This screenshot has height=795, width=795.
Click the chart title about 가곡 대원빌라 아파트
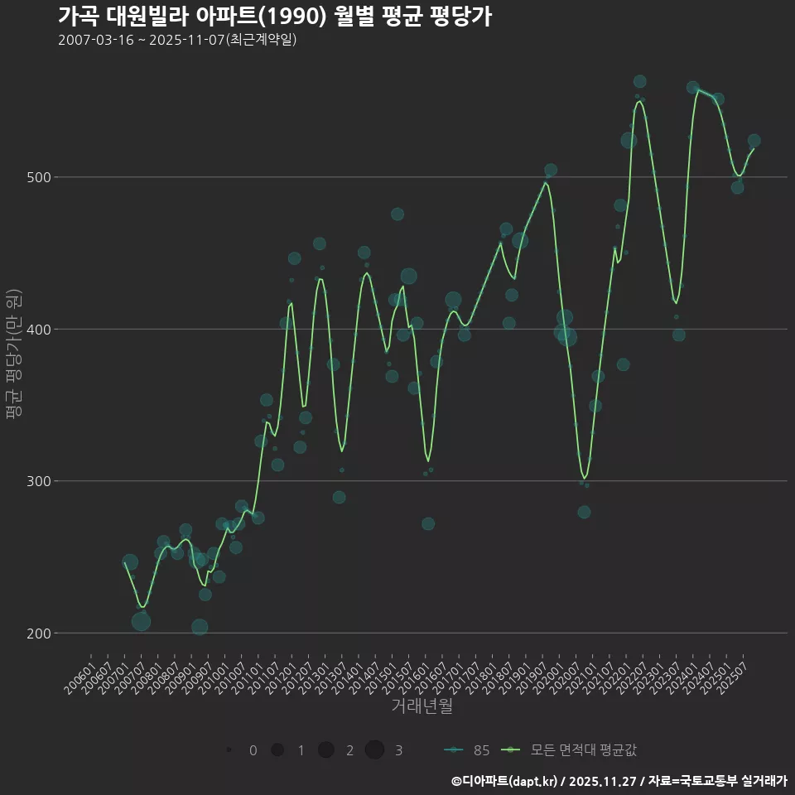coord(274,16)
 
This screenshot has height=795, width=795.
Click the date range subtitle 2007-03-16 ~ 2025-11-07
coord(177,40)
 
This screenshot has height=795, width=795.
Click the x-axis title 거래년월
coord(422,706)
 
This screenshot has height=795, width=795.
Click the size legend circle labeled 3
coord(374,750)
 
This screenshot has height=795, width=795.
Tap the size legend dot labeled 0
coord(228,750)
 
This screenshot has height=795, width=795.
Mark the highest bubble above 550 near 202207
coord(639,81)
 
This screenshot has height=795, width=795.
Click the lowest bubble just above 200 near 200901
coord(200,627)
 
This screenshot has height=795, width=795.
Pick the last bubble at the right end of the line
coord(754,141)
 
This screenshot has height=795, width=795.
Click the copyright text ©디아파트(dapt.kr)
coord(505,780)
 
